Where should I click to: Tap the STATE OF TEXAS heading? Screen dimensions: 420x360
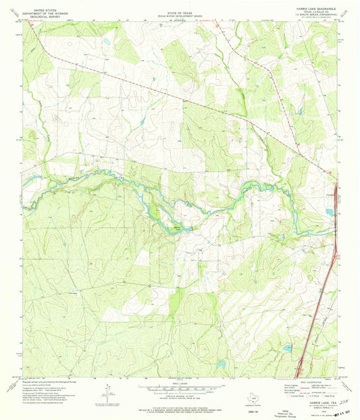tap(180, 9)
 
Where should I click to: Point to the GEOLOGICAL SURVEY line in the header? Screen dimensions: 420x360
tap(38, 16)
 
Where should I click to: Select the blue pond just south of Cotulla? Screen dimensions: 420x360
tap(329, 211)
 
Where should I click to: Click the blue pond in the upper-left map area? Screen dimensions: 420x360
tap(106, 43)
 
